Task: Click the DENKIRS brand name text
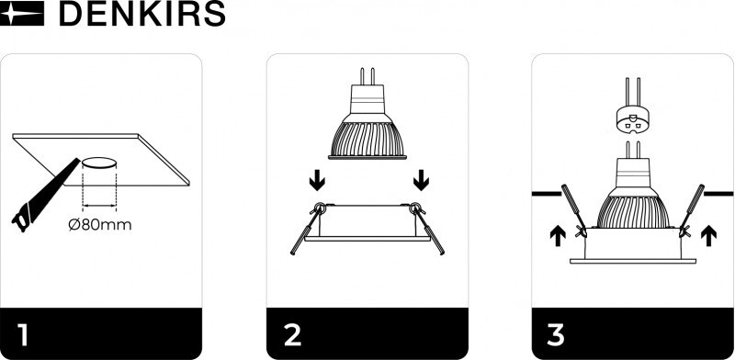click(x=141, y=14)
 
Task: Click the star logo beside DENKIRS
click(x=22, y=13)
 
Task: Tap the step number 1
click(x=23, y=334)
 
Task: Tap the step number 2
click(x=292, y=334)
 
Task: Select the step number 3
click(x=556, y=334)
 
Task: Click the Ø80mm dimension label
click(x=100, y=224)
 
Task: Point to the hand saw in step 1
click(x=45, y=196)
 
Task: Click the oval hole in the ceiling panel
click(x=99, y=163)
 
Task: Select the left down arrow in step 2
click(x=317, y=180)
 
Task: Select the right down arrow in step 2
click(x=421, y=180)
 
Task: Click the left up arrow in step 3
click(x=558, y=235)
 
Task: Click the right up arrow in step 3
click(x=708, y=235)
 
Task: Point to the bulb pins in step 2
click(x=367, y=76)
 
